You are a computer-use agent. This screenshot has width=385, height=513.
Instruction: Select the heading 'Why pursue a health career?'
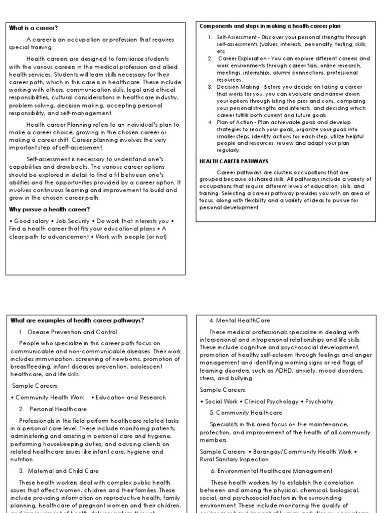point(49,209)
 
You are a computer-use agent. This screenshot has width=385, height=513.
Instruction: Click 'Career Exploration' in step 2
point(239,59)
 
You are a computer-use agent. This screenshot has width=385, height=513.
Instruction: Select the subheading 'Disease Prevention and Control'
point(73,332)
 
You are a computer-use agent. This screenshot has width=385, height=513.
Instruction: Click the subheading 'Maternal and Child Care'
point(64,471)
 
